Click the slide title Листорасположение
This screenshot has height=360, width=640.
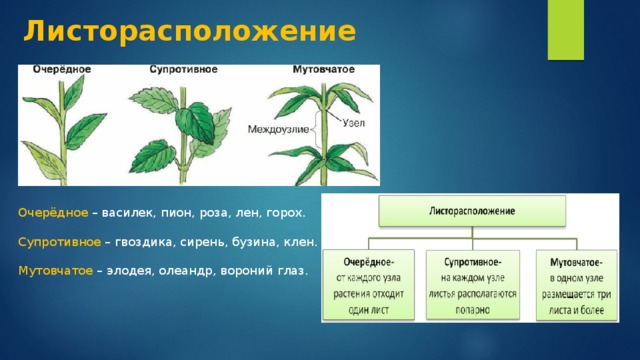(190, 31)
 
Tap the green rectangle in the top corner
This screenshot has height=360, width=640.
(566, 30)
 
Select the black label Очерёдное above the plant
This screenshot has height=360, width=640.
(62, 70)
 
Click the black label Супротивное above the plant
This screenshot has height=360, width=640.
(183, 69)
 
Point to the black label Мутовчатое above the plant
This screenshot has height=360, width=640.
(324, 70)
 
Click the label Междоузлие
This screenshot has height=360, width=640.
(278, 130)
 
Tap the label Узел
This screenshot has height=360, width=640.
(353, 123)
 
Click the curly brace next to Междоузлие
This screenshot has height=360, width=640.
(315, 130)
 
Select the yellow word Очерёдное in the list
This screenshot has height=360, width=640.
(53, 213)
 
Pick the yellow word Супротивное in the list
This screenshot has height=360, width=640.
(60, 242)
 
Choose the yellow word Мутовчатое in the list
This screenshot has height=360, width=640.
(56, 271)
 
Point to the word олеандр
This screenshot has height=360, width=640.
(186, 271)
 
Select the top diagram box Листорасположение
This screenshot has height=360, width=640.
(472, 211)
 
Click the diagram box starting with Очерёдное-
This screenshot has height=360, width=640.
(369, 284)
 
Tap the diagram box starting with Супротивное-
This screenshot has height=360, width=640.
(473, 284)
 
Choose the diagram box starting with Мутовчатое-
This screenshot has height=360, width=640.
(577, 285)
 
